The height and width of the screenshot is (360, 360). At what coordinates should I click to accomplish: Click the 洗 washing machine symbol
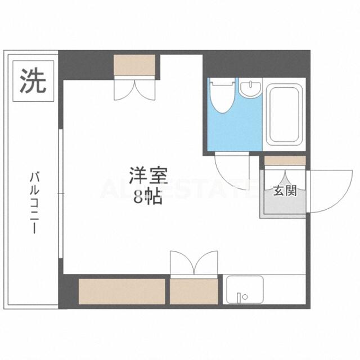pos(33,81)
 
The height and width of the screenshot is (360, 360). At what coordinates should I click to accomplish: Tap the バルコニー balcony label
pos(34,204)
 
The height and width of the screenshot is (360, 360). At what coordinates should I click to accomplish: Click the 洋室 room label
pos(148,175)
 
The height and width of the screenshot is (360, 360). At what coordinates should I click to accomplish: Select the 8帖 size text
pos(148,197)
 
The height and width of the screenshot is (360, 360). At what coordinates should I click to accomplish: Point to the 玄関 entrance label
pos(285,190)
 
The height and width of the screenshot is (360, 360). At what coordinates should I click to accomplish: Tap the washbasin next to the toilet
pos(250,88)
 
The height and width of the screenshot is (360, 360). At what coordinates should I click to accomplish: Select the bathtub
pos(284,115)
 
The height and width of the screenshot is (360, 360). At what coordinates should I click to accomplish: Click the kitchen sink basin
pos(245,290)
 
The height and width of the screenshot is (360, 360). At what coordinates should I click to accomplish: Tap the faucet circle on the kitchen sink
pos(245,297)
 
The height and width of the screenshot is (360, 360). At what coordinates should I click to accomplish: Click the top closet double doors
pos(135,89)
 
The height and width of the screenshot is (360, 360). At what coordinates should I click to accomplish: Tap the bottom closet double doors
pos(194,263)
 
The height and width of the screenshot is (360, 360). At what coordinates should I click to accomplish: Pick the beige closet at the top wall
pos(134,65)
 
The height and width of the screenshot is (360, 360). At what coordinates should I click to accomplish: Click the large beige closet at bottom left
pos(122,291)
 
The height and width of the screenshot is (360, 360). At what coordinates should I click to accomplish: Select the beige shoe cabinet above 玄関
pos(285,160)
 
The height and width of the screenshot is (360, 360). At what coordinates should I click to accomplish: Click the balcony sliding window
pos(61,194)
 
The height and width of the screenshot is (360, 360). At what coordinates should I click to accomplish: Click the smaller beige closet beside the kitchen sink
pos(193,291)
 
